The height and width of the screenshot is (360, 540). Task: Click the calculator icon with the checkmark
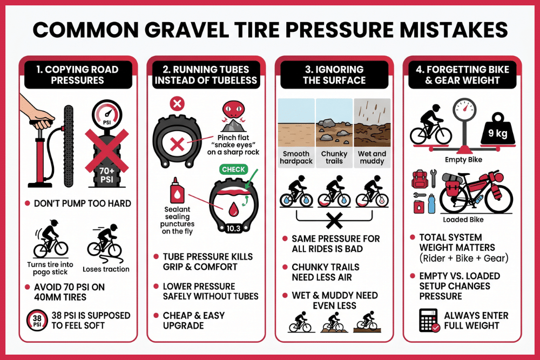tap(429, 321)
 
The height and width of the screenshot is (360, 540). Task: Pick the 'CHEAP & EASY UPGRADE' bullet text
tap(193, 320)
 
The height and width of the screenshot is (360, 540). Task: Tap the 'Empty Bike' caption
tap(462, 160)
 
